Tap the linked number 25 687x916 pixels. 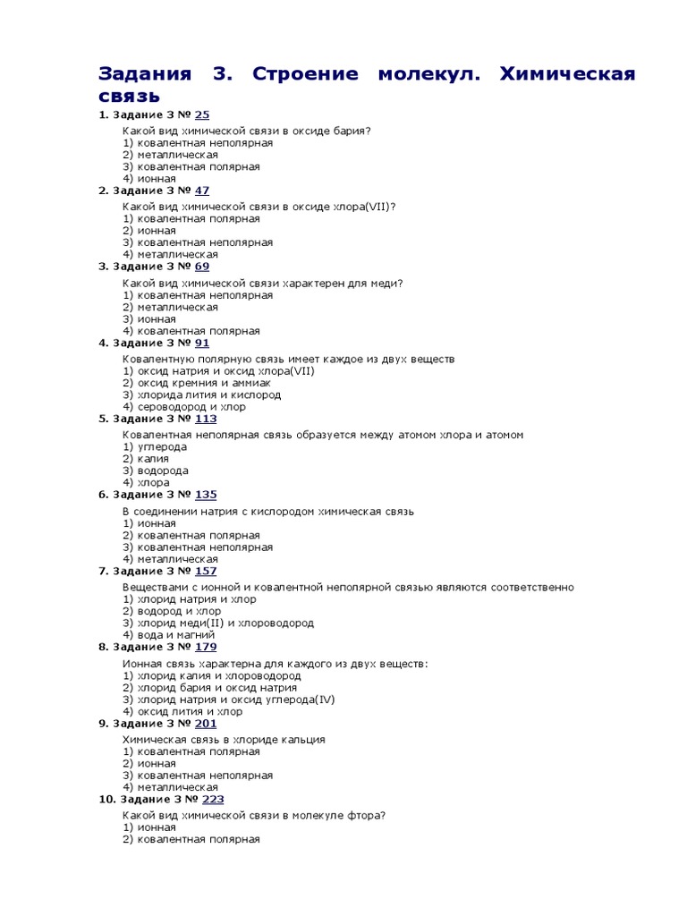pyautogui.click(x=202, y=114)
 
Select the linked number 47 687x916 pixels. pyautogui.click(x=202, y=191)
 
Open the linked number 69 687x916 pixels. pyautogui.click(x=202, y=267)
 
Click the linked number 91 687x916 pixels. pyautogui.click(x=202, y=343)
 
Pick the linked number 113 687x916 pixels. pyautogui.click(x=206, y=419)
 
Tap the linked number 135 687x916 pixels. pyautogui.click(x=206, y=495)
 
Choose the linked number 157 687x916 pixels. pyautogui.click(x=206, y=571)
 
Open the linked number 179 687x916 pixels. pyautogui.click(x=206, y=647)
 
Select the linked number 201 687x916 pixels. pyautogui.click(x=206, y=723)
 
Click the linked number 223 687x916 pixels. pyautogui.click(x=213, y=799)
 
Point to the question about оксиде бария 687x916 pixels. pyautogui.click(x=247, y=131)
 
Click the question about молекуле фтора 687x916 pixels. pyautogui.click(x=254, y=816)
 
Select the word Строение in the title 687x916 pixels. pyautogui.click(x=307, y=73)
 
